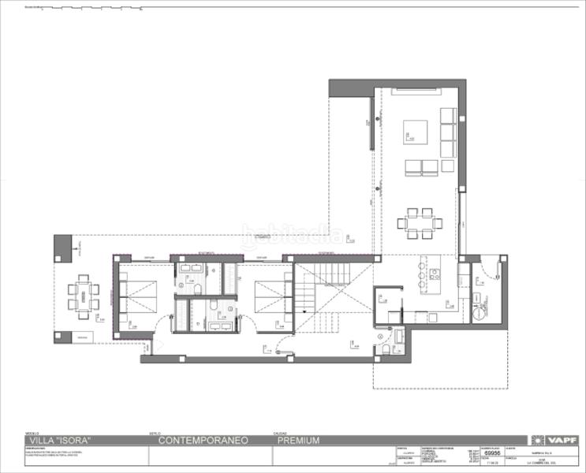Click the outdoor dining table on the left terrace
[x=83, y=296]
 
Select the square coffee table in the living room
[x=416, y=131]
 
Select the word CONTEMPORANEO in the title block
[x=203, y=441]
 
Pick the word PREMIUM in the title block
[x=298, y=441]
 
